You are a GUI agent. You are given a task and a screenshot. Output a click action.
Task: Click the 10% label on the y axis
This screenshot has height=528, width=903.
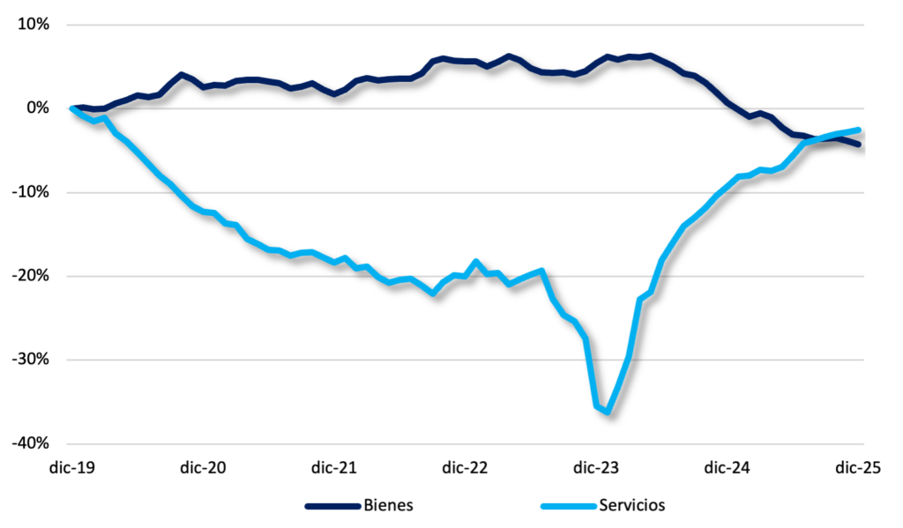tap(32, 24)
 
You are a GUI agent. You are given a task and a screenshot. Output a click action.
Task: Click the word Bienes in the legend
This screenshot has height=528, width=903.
tap(388, 505)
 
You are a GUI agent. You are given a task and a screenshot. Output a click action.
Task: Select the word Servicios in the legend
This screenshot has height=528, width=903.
tap(631, 505)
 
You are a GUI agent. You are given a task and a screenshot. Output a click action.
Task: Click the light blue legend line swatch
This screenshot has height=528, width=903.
tap(567, 506)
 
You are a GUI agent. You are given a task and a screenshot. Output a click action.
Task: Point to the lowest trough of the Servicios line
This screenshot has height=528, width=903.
tap(608, 411)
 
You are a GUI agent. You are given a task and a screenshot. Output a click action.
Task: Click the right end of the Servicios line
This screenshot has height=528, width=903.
tap(859, 130)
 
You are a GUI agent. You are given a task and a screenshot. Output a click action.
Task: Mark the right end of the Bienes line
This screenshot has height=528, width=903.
tap(859, 144)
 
